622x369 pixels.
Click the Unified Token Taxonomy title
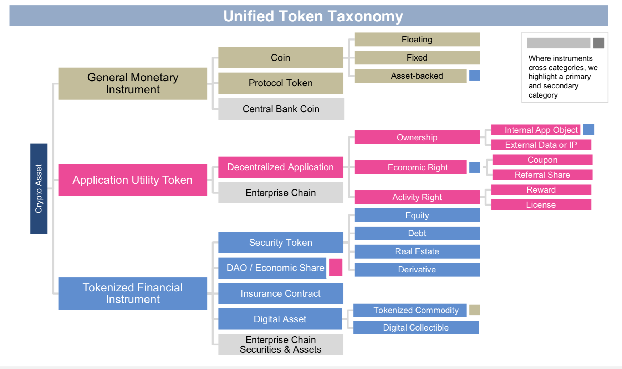point(313,16)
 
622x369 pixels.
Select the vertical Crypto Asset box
point(39,188)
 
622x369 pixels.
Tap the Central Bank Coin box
point(281,109)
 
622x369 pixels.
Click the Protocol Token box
point(281,83)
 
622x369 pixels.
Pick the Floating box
point(417,40)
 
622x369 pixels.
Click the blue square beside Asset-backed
point(474,76)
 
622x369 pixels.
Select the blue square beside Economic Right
point(474,167)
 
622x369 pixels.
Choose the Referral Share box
point(542,175)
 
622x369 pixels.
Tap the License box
point(541,205)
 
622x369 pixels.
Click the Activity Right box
point(417,197)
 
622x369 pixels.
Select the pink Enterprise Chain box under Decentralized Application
point(281,193)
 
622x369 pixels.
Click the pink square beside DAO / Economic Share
point(335,267)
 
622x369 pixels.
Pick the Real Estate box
point(417,251)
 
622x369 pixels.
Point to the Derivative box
point(417,270)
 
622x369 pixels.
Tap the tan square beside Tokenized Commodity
point(474,310)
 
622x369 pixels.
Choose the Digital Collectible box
point(416,328)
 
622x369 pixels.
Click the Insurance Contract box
point(281,293)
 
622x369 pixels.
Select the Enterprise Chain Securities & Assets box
point(281,344)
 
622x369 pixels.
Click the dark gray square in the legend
point(598,43)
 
